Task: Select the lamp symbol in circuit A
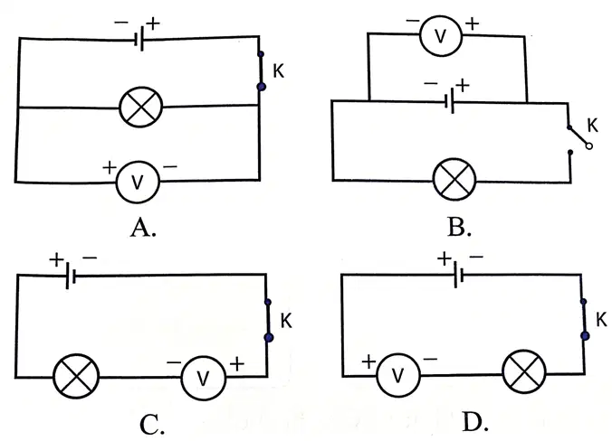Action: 140,108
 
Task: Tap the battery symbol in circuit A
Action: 139,39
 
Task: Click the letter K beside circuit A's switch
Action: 278,71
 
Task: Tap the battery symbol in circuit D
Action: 458,275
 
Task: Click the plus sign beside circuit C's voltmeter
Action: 237,364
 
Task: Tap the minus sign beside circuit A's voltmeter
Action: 170,167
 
